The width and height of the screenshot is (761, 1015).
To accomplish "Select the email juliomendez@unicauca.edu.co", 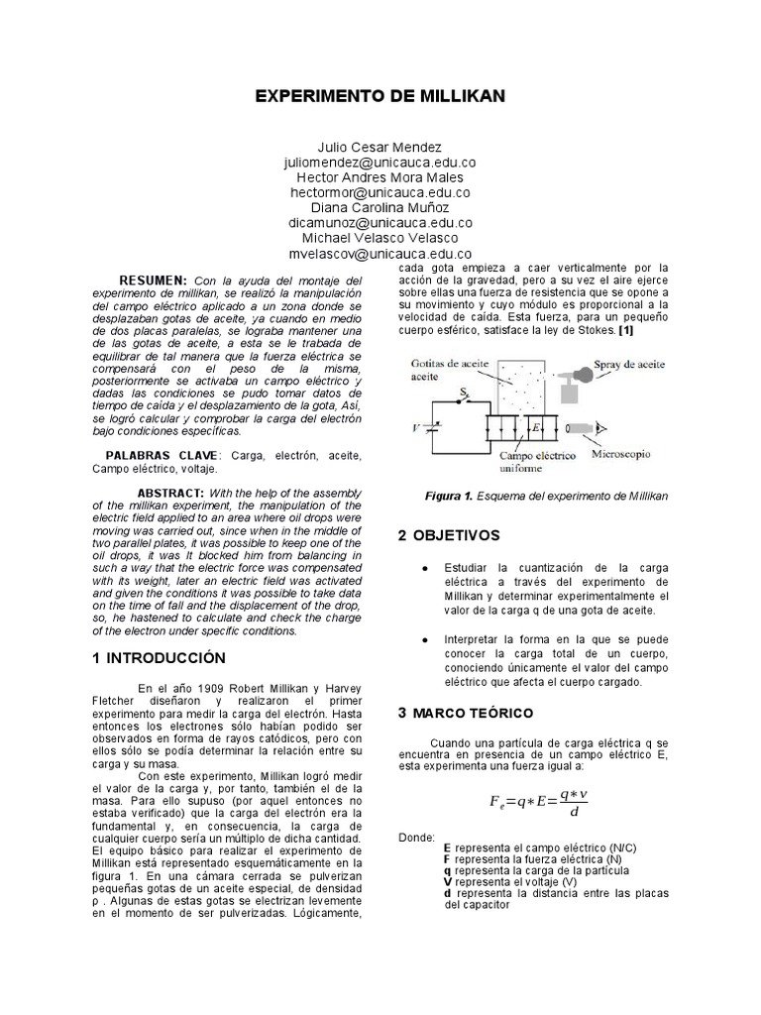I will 380,162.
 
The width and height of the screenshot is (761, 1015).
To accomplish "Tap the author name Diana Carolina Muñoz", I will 380,207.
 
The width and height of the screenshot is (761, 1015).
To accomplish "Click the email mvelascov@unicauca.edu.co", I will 380,254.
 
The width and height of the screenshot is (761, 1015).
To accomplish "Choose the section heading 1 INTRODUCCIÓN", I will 159,657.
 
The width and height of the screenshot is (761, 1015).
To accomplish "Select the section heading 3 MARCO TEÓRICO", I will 465,713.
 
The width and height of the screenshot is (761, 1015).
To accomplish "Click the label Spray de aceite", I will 630,366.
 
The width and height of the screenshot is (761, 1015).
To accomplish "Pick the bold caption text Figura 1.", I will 447,495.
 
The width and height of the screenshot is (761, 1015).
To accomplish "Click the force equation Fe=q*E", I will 532,802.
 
